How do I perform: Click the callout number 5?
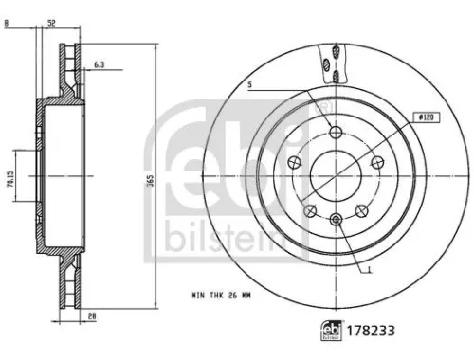[x=251, y=85]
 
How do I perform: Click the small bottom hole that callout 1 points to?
[x=337, y=220]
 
